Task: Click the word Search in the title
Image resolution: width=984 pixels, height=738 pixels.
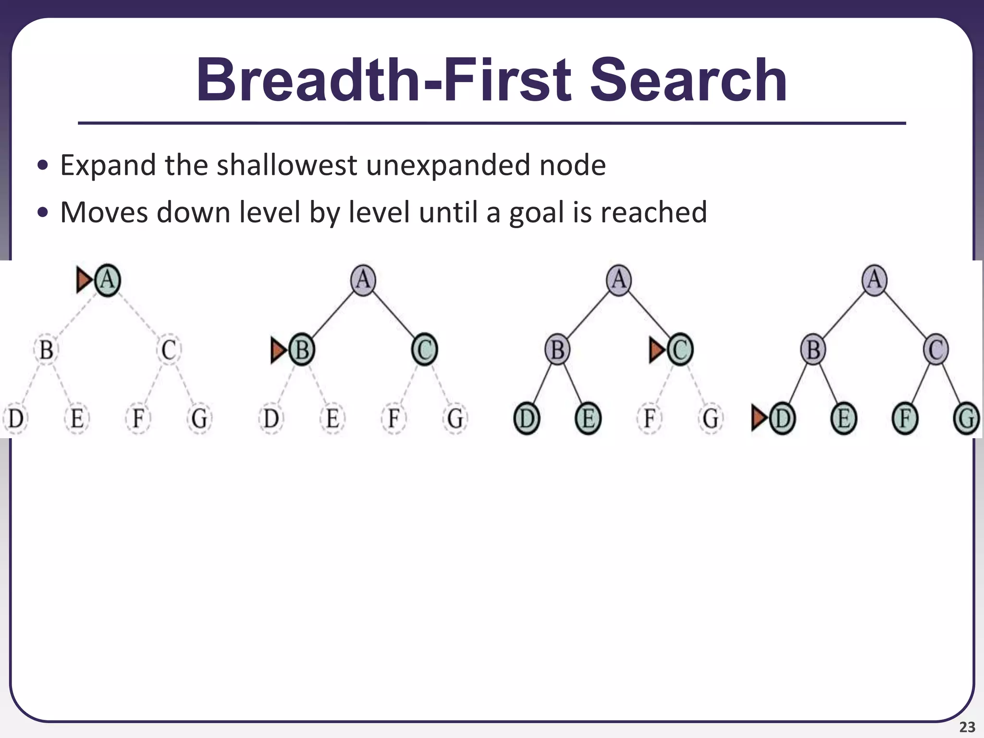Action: point(688,81)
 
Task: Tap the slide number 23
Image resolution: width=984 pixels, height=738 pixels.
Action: point(967,727)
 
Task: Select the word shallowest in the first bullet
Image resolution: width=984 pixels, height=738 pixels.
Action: point(286,165)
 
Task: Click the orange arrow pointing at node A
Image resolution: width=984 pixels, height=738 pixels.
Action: point(84,280)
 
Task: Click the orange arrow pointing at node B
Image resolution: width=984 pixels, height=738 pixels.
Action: point(279,350)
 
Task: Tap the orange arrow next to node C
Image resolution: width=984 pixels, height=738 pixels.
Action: point(657,350)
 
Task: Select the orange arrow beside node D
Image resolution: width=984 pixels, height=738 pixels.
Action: point(759,418)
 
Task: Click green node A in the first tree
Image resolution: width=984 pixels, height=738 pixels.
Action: point(108,280)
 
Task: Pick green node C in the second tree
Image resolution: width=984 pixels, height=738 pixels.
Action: point(424,350)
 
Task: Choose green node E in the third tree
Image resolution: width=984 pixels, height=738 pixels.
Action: point(588,418)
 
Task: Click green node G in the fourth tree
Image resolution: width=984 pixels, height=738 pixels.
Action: point(966,418)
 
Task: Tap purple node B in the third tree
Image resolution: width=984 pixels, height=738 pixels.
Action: point(557,350)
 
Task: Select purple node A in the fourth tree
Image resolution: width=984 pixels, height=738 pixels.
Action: point(874,280)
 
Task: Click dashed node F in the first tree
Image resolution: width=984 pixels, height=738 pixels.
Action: point(138,418)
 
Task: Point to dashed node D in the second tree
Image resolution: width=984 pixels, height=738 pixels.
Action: point(271,418)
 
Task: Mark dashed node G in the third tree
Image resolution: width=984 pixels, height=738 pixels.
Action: point(711,418)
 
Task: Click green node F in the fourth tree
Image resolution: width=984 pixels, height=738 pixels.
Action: point(905,418)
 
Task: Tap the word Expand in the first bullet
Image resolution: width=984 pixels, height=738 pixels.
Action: point(108,165)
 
